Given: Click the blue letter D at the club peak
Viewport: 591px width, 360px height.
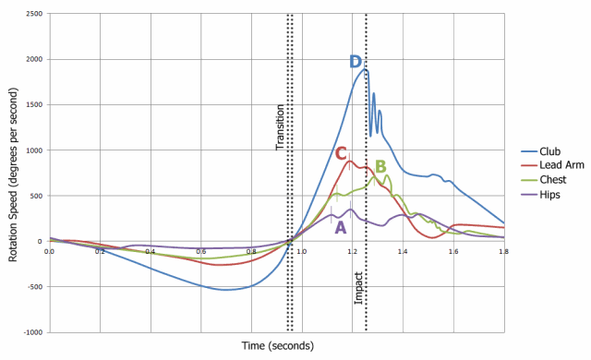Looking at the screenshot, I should [356, 62].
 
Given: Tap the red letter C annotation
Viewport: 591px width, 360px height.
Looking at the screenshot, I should [341, 153].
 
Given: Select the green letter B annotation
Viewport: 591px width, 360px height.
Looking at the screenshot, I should [380, 167].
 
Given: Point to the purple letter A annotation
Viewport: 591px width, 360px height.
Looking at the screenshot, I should [340, 226].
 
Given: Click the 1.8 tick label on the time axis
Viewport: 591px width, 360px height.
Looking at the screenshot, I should [504, 250].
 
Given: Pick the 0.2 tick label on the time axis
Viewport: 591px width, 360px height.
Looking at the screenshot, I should [100, 250].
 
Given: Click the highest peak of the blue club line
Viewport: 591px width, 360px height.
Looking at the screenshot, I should [365, 69].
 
